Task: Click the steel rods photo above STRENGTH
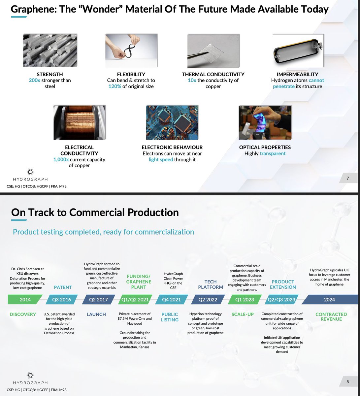[x=50, y=50]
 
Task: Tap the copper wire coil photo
[x=80, y=122]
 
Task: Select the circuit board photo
[x=172, y=122]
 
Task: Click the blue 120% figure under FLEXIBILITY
[x=115, y=86]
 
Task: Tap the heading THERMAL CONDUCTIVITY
[x=213, y=75]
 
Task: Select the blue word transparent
[x=273, y=153]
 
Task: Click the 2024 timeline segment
[x=329, y=300]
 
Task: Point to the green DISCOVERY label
[x=23, y=314]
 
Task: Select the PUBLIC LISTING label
[x=170, y=317]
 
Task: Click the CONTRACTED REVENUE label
[x=331, y=317]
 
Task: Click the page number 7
[x=347, y=179]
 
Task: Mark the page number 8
[x=347, y=382]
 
